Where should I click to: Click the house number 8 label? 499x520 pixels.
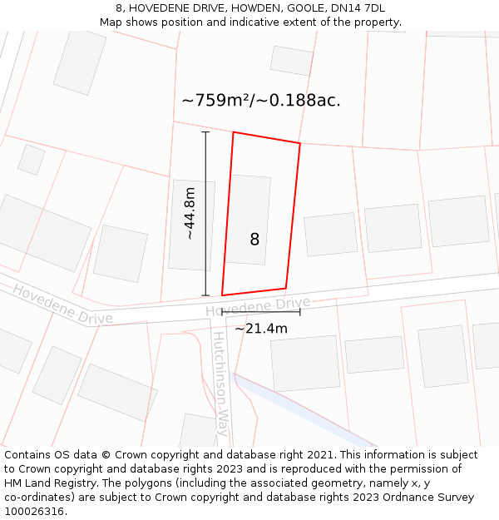[x=254, y=240]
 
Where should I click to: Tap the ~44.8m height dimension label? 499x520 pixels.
[x=190, y=214]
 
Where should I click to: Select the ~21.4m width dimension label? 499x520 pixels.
[x=261, y=329]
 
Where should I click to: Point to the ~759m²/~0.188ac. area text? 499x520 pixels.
[x=261, y=101]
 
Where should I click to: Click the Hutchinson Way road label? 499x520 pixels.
[x=220, y=384]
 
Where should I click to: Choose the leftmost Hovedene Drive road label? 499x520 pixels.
[x=62, y=305]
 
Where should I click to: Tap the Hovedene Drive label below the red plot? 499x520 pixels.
[x=258, y=306]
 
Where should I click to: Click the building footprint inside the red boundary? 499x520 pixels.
[x=248, y=219]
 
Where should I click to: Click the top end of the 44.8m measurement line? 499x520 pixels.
[x=205, y=131]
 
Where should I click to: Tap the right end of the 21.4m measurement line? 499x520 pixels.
[x=300, y=312]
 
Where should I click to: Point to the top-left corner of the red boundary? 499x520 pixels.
[x=233, y=132]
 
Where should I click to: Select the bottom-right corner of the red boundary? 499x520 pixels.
[x=286, y=289]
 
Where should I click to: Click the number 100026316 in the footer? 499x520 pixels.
[x=36, y=512]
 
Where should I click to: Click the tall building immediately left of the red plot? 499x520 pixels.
[x=191, y=225]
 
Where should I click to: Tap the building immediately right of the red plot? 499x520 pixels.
[x=330, y=235]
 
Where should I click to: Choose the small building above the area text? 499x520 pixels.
[x=291, y=61]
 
